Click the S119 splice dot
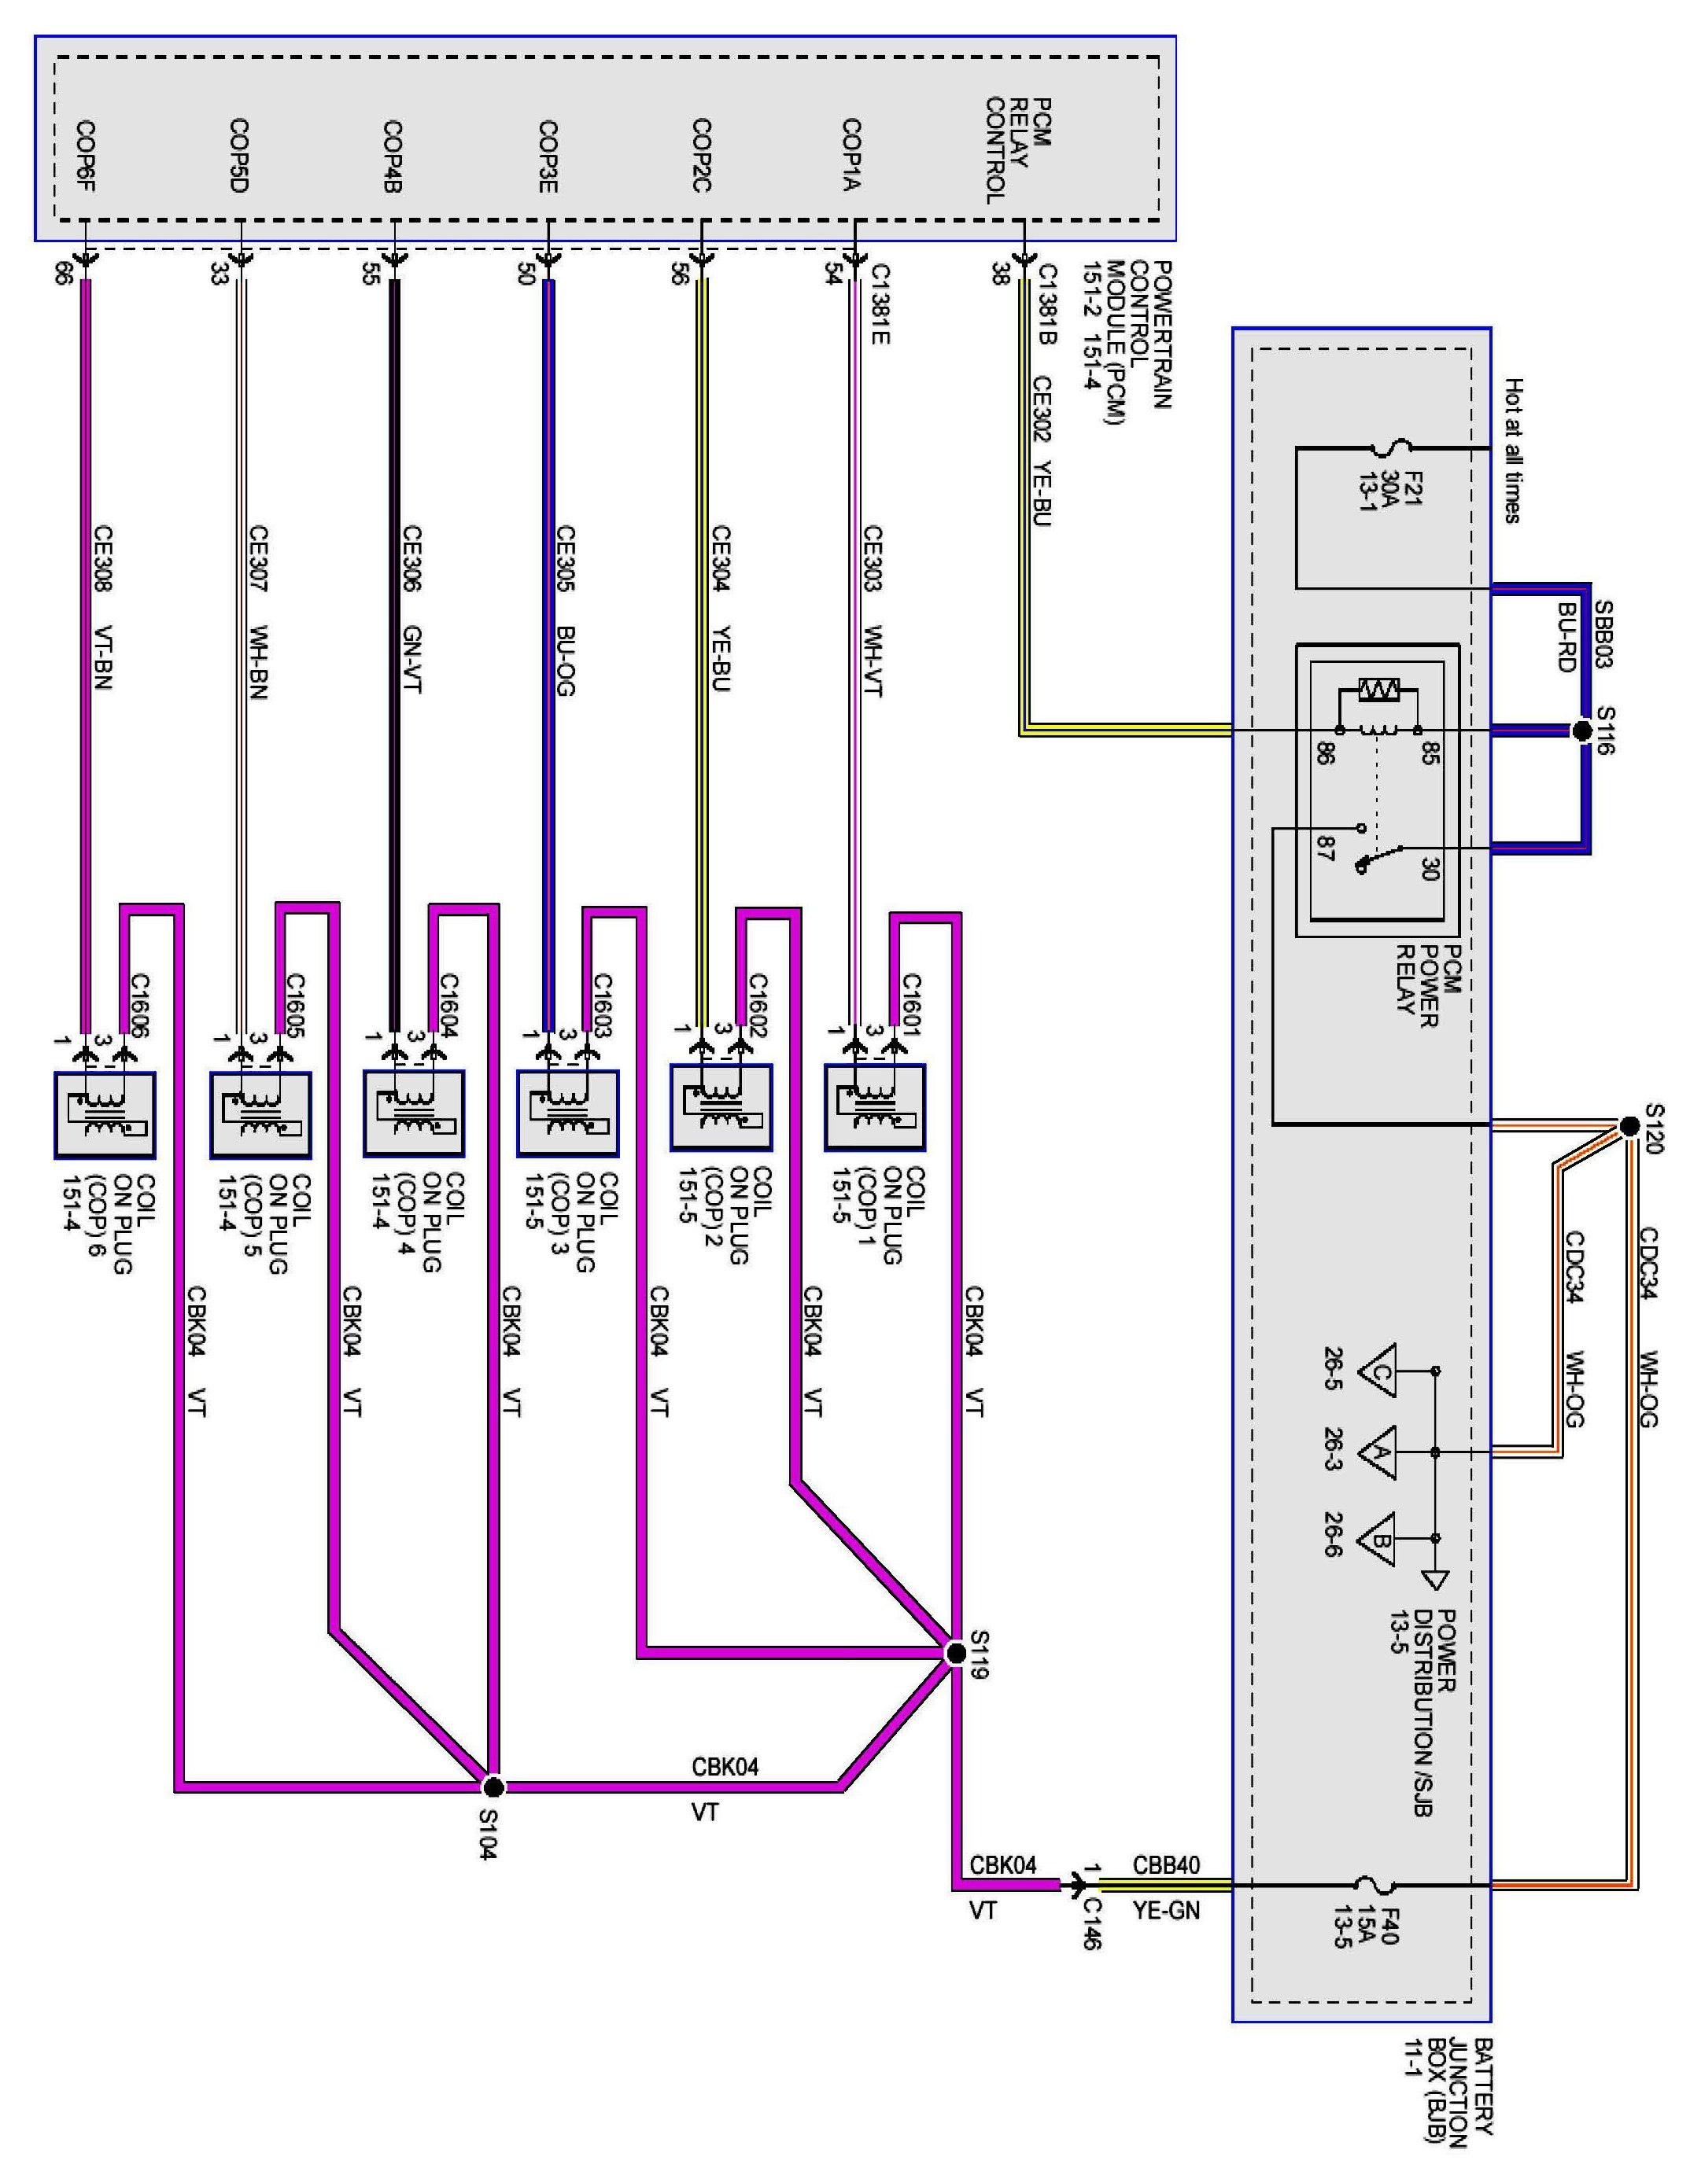tap(955, 1654)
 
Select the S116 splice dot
tap(1582, 731)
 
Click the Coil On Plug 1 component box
tap(874, 1107)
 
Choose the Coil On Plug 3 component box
tap(568, 1115)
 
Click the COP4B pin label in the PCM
tap(393, 156)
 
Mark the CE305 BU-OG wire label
tap(565, 610)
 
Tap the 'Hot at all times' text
tap(1512, 451)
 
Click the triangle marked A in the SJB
tap(1377, 1452)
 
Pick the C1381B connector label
tap(1046, 304)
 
